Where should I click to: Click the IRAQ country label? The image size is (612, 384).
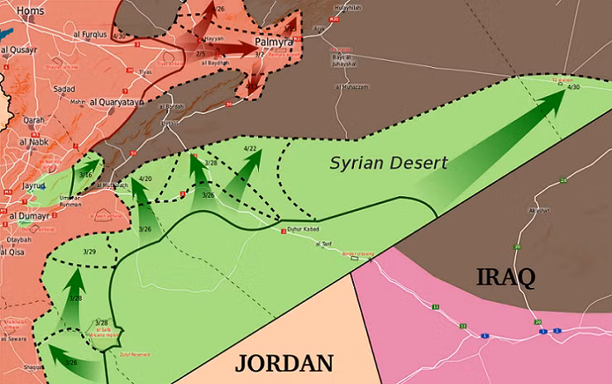[505, 276]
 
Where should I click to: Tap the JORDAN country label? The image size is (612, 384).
[284, 362]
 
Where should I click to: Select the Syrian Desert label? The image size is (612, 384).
[388, 162]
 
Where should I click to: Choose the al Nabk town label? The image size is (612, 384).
[35, 142]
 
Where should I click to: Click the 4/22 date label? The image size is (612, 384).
[251, 148]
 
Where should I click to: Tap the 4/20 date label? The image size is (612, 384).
[146, 179]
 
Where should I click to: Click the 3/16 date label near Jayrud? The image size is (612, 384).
[85, 175]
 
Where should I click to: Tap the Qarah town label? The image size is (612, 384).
[34, 120]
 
